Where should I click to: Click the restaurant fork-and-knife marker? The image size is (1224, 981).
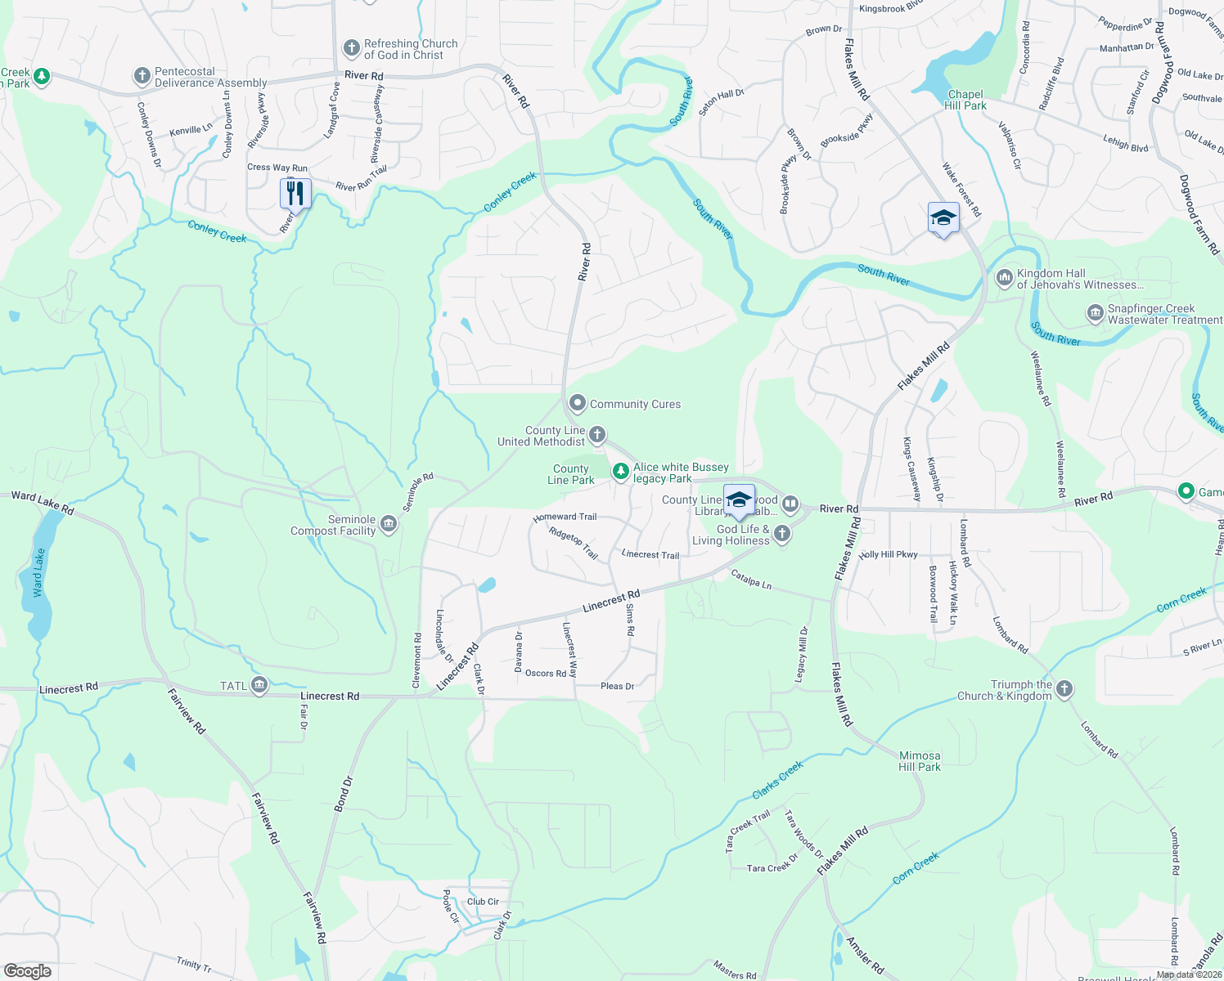295,194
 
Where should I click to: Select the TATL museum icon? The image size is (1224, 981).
259,686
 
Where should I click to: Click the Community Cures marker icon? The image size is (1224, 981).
578,403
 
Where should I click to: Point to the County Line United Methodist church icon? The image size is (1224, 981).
597,434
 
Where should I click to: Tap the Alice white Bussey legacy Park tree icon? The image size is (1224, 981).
621,471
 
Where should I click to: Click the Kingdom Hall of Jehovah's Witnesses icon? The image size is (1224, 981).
1004,279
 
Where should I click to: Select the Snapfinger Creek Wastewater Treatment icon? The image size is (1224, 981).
1095,313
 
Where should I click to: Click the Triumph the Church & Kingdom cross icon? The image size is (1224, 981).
1064,688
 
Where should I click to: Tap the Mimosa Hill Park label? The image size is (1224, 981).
920,761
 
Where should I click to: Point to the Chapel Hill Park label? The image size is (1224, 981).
965,100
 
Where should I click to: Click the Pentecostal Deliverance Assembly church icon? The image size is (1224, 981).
142,77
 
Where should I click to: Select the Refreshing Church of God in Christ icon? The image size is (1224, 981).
351,49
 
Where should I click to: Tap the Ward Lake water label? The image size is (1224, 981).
38,572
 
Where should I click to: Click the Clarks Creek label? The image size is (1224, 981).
777,780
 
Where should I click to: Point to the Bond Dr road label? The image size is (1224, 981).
344,794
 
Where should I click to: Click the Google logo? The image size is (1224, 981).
28,971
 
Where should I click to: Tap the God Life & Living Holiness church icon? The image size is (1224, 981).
782,535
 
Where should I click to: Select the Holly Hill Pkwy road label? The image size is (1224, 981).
889,554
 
